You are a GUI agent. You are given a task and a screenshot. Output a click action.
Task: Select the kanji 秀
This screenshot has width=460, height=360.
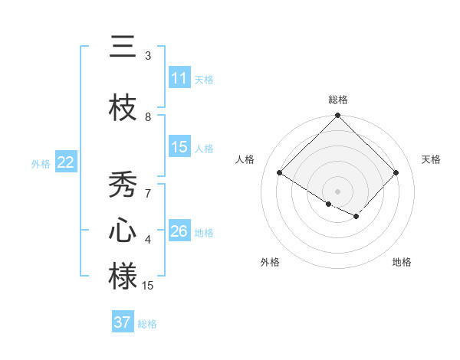123,185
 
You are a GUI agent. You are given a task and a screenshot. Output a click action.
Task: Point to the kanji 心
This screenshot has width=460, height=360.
123,231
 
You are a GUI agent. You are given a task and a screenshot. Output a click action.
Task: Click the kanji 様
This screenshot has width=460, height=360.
123,277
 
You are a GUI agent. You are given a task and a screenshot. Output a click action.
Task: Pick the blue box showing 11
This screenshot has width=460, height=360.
179,78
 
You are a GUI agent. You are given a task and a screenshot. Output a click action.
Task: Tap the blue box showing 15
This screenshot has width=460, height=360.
179,148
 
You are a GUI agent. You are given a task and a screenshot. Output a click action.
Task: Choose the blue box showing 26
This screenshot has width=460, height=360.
179,231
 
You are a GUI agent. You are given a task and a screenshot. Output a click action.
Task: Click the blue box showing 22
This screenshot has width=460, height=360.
66,162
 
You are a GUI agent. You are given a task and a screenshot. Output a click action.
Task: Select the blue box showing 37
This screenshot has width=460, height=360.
123,322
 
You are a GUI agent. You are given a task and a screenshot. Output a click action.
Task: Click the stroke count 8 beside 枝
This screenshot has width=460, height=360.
148,116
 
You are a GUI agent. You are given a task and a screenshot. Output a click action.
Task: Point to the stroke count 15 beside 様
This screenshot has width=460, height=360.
149,286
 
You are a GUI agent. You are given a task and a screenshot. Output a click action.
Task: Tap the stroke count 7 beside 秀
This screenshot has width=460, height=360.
148,193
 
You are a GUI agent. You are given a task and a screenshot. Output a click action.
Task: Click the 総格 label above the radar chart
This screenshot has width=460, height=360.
337,100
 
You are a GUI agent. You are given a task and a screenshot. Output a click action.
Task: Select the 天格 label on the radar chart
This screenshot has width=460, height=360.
431,159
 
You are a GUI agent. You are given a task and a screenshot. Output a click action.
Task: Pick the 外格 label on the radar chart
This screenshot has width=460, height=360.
270,262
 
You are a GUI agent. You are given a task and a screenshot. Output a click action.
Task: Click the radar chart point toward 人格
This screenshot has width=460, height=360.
280,173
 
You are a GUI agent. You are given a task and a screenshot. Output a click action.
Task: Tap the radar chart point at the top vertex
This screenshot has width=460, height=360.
337,116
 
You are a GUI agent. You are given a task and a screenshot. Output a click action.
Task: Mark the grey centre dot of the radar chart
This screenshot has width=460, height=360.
337,191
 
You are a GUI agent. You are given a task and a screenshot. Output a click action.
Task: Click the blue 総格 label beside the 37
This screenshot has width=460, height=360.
147,324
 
